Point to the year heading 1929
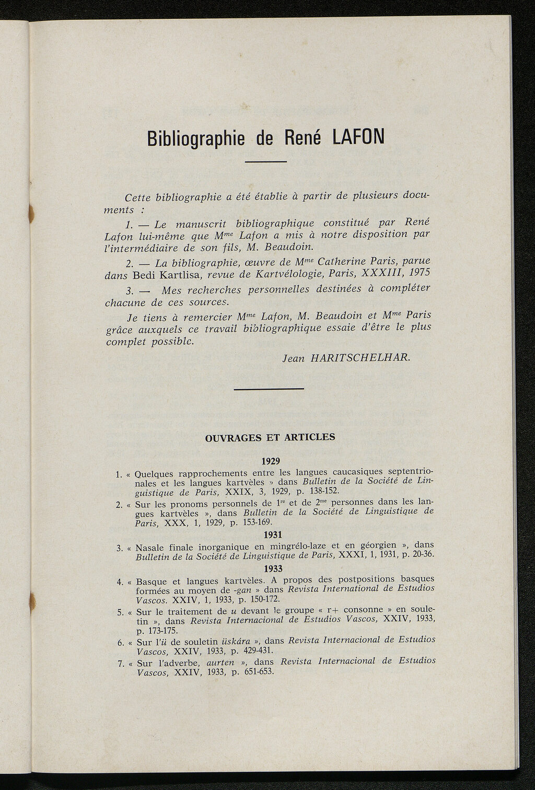point(271,461)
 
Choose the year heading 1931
point(273,535)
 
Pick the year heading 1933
point(274,568)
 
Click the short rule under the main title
point(265,161)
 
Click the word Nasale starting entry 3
point(151,548)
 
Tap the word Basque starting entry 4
point(152,581)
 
